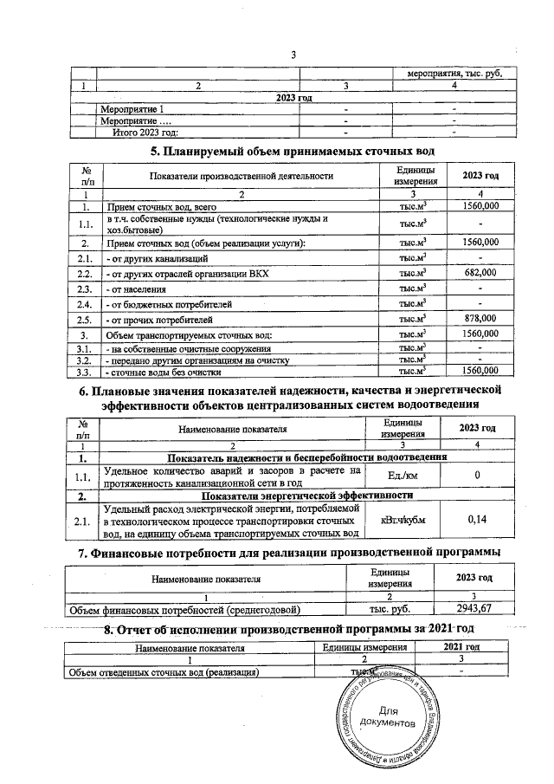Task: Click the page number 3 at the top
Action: (x=294, y=56)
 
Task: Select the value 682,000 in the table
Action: (x=480, y=273)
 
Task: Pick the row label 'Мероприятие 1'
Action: (x=130, y=109)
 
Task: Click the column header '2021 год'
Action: (x=461, y=647)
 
